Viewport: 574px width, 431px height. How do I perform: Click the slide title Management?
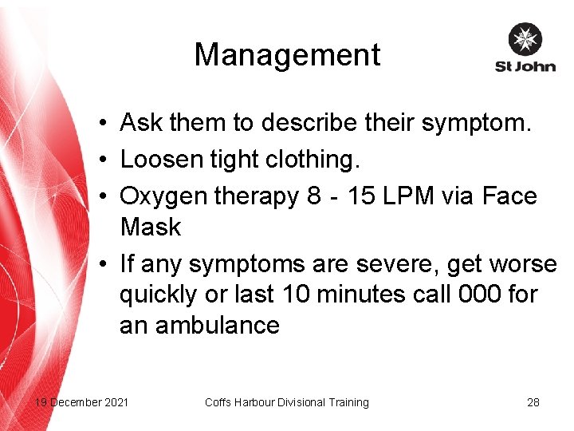click(287, 55)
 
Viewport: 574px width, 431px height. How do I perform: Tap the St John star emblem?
click(525, 39)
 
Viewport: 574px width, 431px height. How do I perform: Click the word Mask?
click(151, 227)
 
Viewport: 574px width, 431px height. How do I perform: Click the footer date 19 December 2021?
click(81, 402)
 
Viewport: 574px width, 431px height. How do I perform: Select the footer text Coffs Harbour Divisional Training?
click(286, 402)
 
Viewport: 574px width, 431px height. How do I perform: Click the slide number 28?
click(533, 402)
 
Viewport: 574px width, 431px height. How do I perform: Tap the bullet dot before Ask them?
click(104, 125)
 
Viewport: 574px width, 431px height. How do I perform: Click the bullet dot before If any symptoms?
click(104, 264)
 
